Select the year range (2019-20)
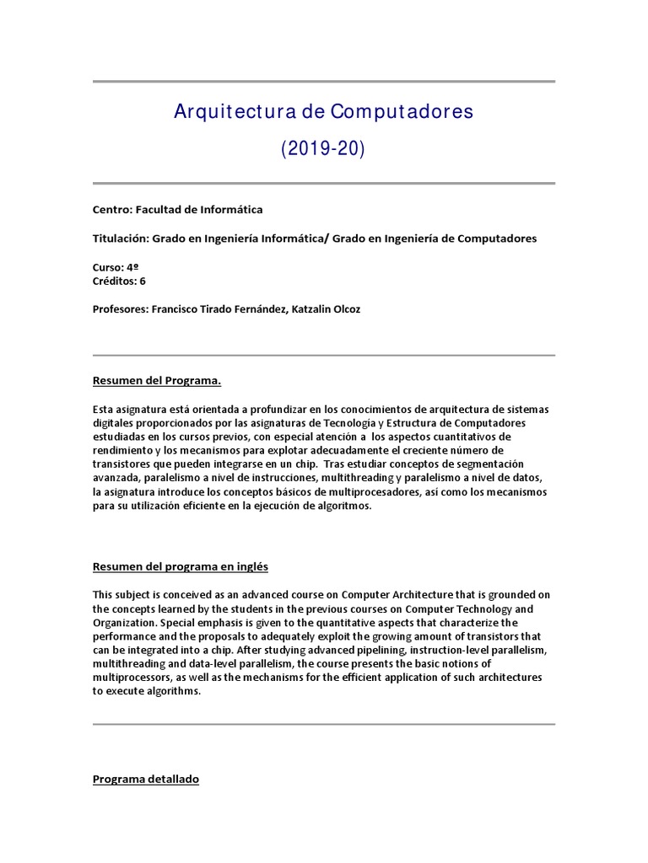pos(323,149)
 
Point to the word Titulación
pos(121,239)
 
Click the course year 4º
pos(132,267)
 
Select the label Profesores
pos(119,309)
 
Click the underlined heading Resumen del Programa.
pos(156,381)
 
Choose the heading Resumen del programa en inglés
pos(180,566)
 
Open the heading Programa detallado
pos(145,780)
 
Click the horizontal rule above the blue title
pos(323,82)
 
